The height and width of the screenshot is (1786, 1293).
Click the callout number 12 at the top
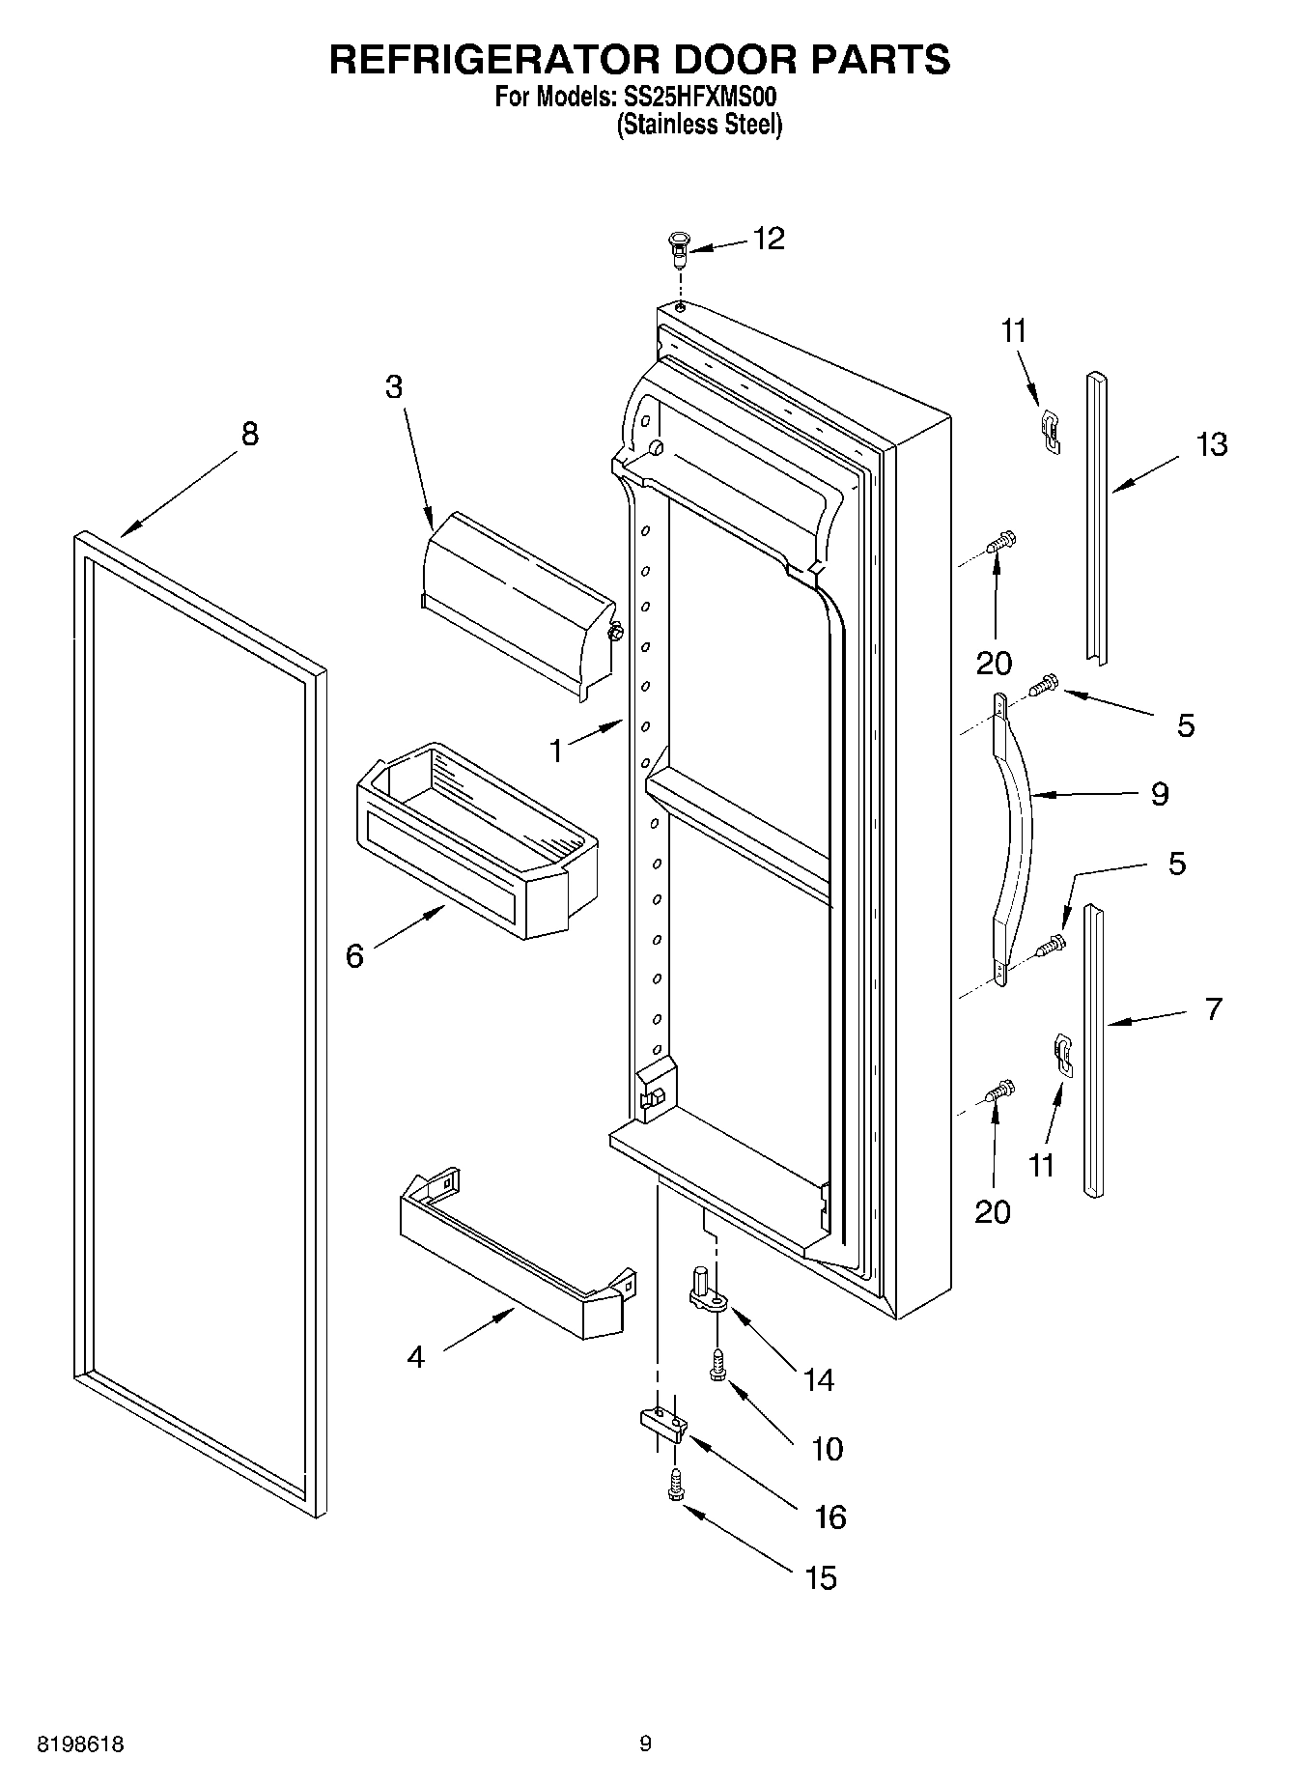tap(769, 239)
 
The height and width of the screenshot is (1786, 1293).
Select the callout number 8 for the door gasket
tap(249, 435)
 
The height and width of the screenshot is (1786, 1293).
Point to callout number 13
tap(1212, 445)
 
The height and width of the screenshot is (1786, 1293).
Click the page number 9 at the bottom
tap(645, 1743)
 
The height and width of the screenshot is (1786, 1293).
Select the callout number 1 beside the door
tap(556, 751)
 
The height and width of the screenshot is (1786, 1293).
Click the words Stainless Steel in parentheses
tap(699, 125)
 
